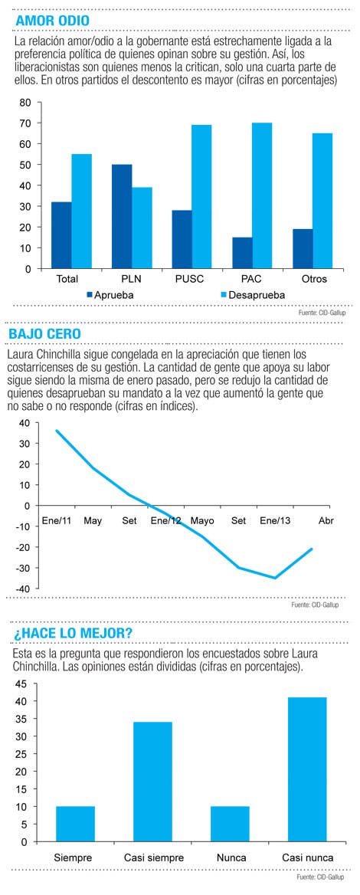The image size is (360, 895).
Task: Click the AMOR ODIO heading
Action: [x=53, y=21]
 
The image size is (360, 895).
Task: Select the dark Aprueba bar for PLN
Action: [x=122, y=216]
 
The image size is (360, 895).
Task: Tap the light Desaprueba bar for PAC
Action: [x=262, y=196]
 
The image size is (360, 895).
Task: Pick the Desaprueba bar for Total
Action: [x=82, y=211]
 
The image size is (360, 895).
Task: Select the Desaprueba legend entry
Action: [x=252, y=295]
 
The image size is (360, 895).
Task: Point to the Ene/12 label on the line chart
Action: [x=167, y=520]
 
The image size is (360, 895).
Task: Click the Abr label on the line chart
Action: [x=326, y=520]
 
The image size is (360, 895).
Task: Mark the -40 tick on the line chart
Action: [x=24, y=588]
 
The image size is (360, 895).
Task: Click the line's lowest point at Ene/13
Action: [x=276, y=578]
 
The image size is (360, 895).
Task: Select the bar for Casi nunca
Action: [x=307, y=769]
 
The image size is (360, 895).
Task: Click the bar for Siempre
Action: [x=75, y=824]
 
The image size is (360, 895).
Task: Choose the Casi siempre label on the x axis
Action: [x=153, y=858]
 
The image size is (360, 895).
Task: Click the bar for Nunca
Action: [x=230, y=824]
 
